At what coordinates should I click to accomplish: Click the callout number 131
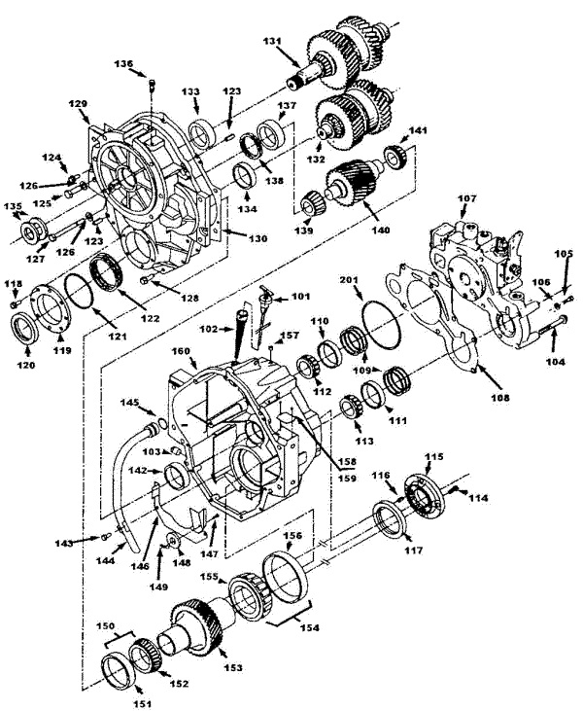coord(271,42)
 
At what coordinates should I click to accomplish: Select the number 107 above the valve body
coord(467,200)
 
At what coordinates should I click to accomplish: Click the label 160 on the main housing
coord(182,351)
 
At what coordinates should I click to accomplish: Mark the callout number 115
coord(433,456)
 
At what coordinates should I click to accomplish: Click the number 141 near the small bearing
coord(417,130)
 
